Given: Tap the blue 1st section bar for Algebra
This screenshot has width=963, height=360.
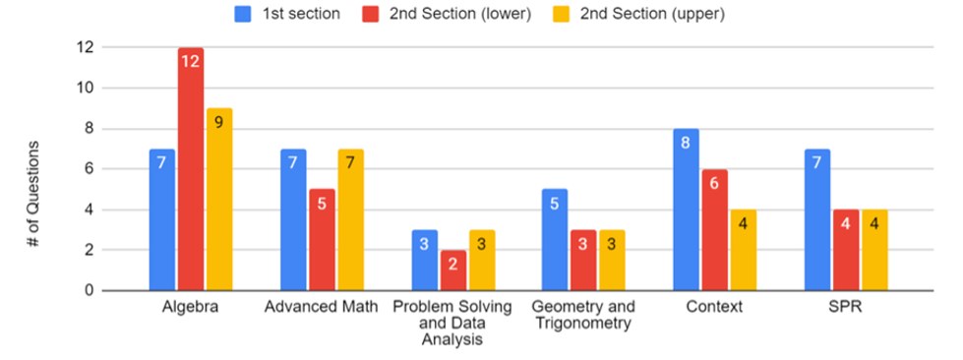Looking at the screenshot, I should (162, 220).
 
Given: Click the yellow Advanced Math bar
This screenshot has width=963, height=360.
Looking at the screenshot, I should (350, 220).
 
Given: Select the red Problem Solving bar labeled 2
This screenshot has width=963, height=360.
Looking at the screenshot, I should (452, 270).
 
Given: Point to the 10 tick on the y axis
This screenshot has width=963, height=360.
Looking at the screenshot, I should (87, 89).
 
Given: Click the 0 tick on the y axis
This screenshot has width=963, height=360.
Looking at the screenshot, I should (90, 291).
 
